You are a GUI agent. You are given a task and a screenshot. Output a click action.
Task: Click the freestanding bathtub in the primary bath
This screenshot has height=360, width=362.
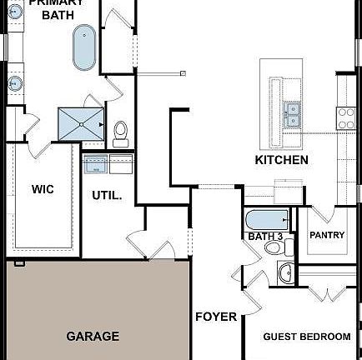83,47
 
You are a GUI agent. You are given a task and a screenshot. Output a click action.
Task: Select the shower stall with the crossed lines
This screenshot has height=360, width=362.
82,125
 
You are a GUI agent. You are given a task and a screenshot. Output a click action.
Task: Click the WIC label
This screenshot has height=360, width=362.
43,190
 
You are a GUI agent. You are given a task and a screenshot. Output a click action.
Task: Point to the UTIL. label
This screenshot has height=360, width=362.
107,196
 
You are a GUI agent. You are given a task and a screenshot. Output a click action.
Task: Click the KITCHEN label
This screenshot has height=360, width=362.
281,160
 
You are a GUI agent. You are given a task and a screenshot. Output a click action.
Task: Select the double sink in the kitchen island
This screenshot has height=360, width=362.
291,114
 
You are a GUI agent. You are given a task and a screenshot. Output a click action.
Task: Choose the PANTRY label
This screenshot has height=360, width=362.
327,235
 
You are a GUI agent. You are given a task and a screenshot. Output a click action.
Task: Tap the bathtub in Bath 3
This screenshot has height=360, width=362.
266,221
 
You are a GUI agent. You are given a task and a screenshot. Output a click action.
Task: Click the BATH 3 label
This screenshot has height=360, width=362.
265,237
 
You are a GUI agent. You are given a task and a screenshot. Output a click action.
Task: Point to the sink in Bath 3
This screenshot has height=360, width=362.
286,272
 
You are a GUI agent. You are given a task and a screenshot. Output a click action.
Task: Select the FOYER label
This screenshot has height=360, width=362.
216,317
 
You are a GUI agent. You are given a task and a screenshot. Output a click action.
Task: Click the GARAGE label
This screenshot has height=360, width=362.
93,337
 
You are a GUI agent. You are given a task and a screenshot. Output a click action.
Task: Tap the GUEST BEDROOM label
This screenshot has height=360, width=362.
307,337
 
